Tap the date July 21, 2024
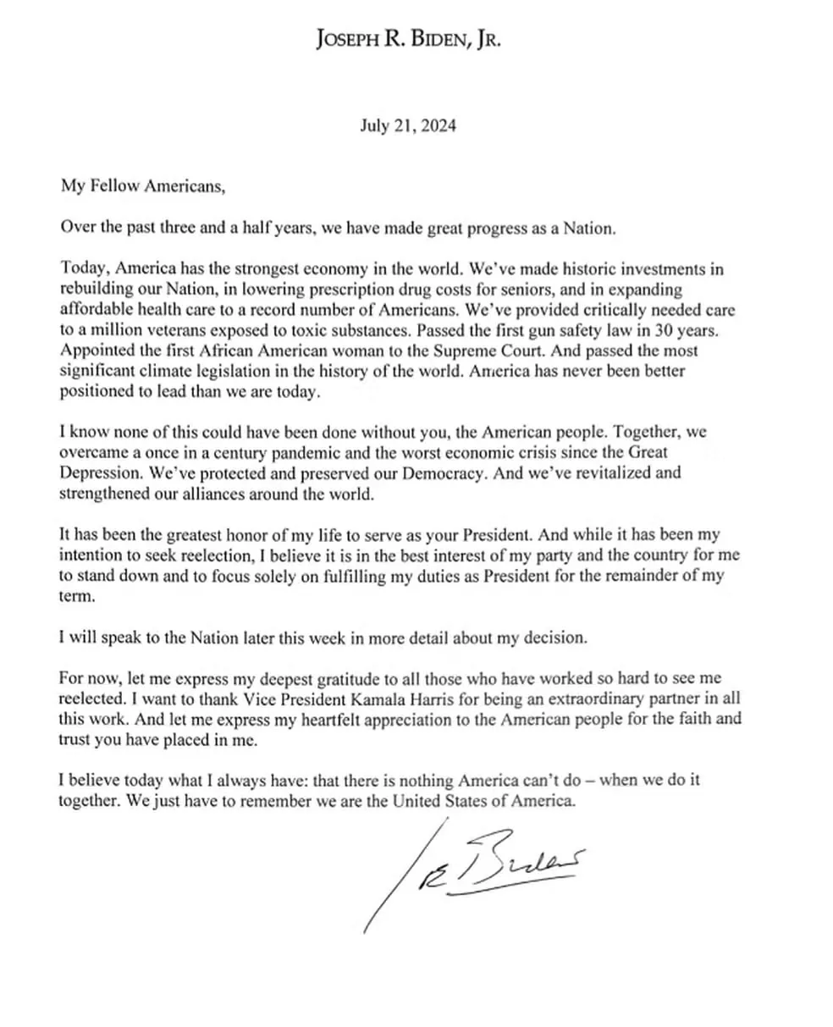tap(408, 126)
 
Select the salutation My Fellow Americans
tap(143, 186)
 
